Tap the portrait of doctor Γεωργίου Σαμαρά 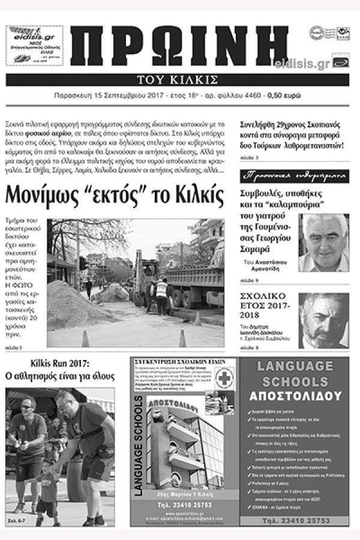point(323,242)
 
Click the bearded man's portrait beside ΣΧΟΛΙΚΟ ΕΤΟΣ point(323,321)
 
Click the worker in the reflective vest point(161,294)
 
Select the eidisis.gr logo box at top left point(34,45)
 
